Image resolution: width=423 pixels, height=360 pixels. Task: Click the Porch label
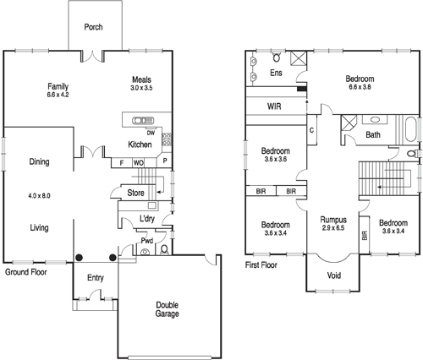pos(93,27)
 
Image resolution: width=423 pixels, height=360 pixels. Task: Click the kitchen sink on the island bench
pos(141,120)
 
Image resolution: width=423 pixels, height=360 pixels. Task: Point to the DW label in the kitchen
pos(151,133)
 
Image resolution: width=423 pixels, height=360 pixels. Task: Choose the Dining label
pos(39,161)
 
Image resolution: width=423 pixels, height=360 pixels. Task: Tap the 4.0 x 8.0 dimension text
pos(39,195)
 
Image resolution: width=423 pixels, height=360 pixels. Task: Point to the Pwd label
pos(147,240)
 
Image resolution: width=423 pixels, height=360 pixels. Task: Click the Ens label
pos(276,74)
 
